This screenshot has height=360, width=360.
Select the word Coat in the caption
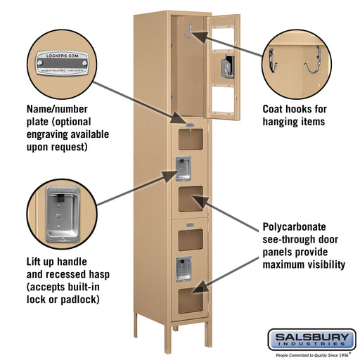(274, 109)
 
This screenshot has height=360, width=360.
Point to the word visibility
(321, 264)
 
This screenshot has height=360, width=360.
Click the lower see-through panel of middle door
(187, 201)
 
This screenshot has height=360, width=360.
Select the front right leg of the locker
(207, 333)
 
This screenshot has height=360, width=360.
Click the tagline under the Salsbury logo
(311, 355)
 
